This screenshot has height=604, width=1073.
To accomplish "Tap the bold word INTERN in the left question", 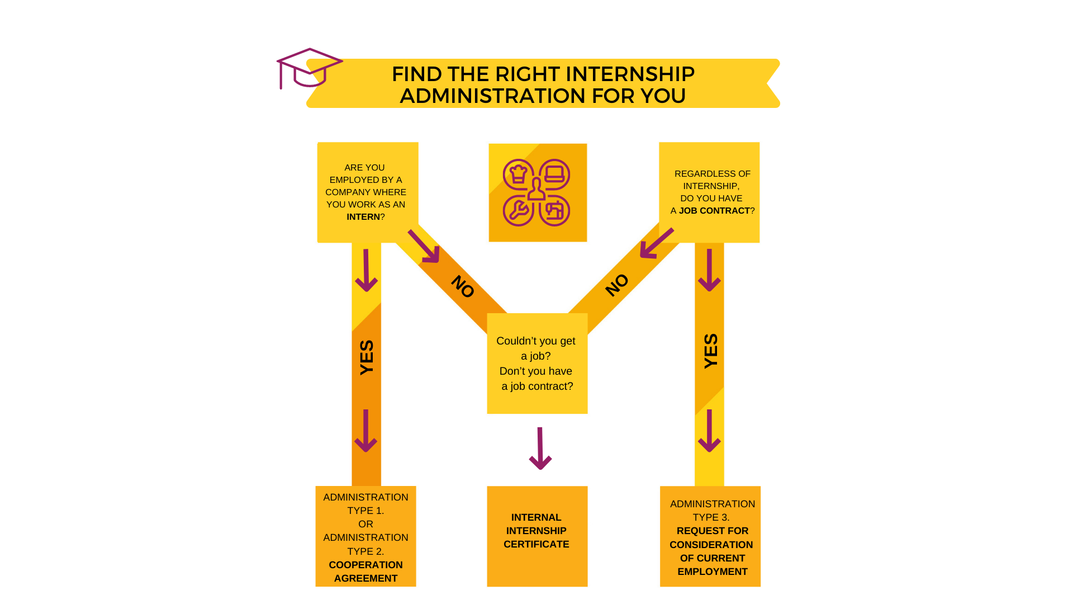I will coord(363,217).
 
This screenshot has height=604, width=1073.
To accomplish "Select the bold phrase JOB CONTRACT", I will coord(714,211).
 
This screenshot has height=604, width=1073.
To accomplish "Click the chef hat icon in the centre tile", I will coord(519,174).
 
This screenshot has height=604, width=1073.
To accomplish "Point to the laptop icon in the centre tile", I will coord(554,174).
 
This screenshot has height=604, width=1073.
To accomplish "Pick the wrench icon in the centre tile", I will coord(519,210).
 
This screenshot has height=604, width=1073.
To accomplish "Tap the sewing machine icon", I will coord(554,210).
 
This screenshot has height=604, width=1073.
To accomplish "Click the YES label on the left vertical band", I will coord(367,357).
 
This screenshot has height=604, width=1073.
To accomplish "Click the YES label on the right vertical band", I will coord(710,351).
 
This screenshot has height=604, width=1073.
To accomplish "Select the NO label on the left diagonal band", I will coord(463,286).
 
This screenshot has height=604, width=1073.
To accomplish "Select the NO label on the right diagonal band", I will coord(617,285).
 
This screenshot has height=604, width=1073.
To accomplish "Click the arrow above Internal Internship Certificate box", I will coord(540,449).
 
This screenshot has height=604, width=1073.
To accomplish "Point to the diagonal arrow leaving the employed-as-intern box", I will coord(424,246).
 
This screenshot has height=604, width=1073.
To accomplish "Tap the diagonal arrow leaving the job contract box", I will coord(656,244).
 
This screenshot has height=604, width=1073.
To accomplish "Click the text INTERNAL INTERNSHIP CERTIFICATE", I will coord(536,531).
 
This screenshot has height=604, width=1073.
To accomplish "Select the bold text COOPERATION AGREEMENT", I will coord(365,572).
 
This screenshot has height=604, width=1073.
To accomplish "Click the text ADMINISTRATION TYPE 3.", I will coord(712,511).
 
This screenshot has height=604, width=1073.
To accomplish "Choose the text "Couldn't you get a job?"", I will coord(535,348).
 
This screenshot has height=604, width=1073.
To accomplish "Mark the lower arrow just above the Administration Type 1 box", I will coord(366,431).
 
